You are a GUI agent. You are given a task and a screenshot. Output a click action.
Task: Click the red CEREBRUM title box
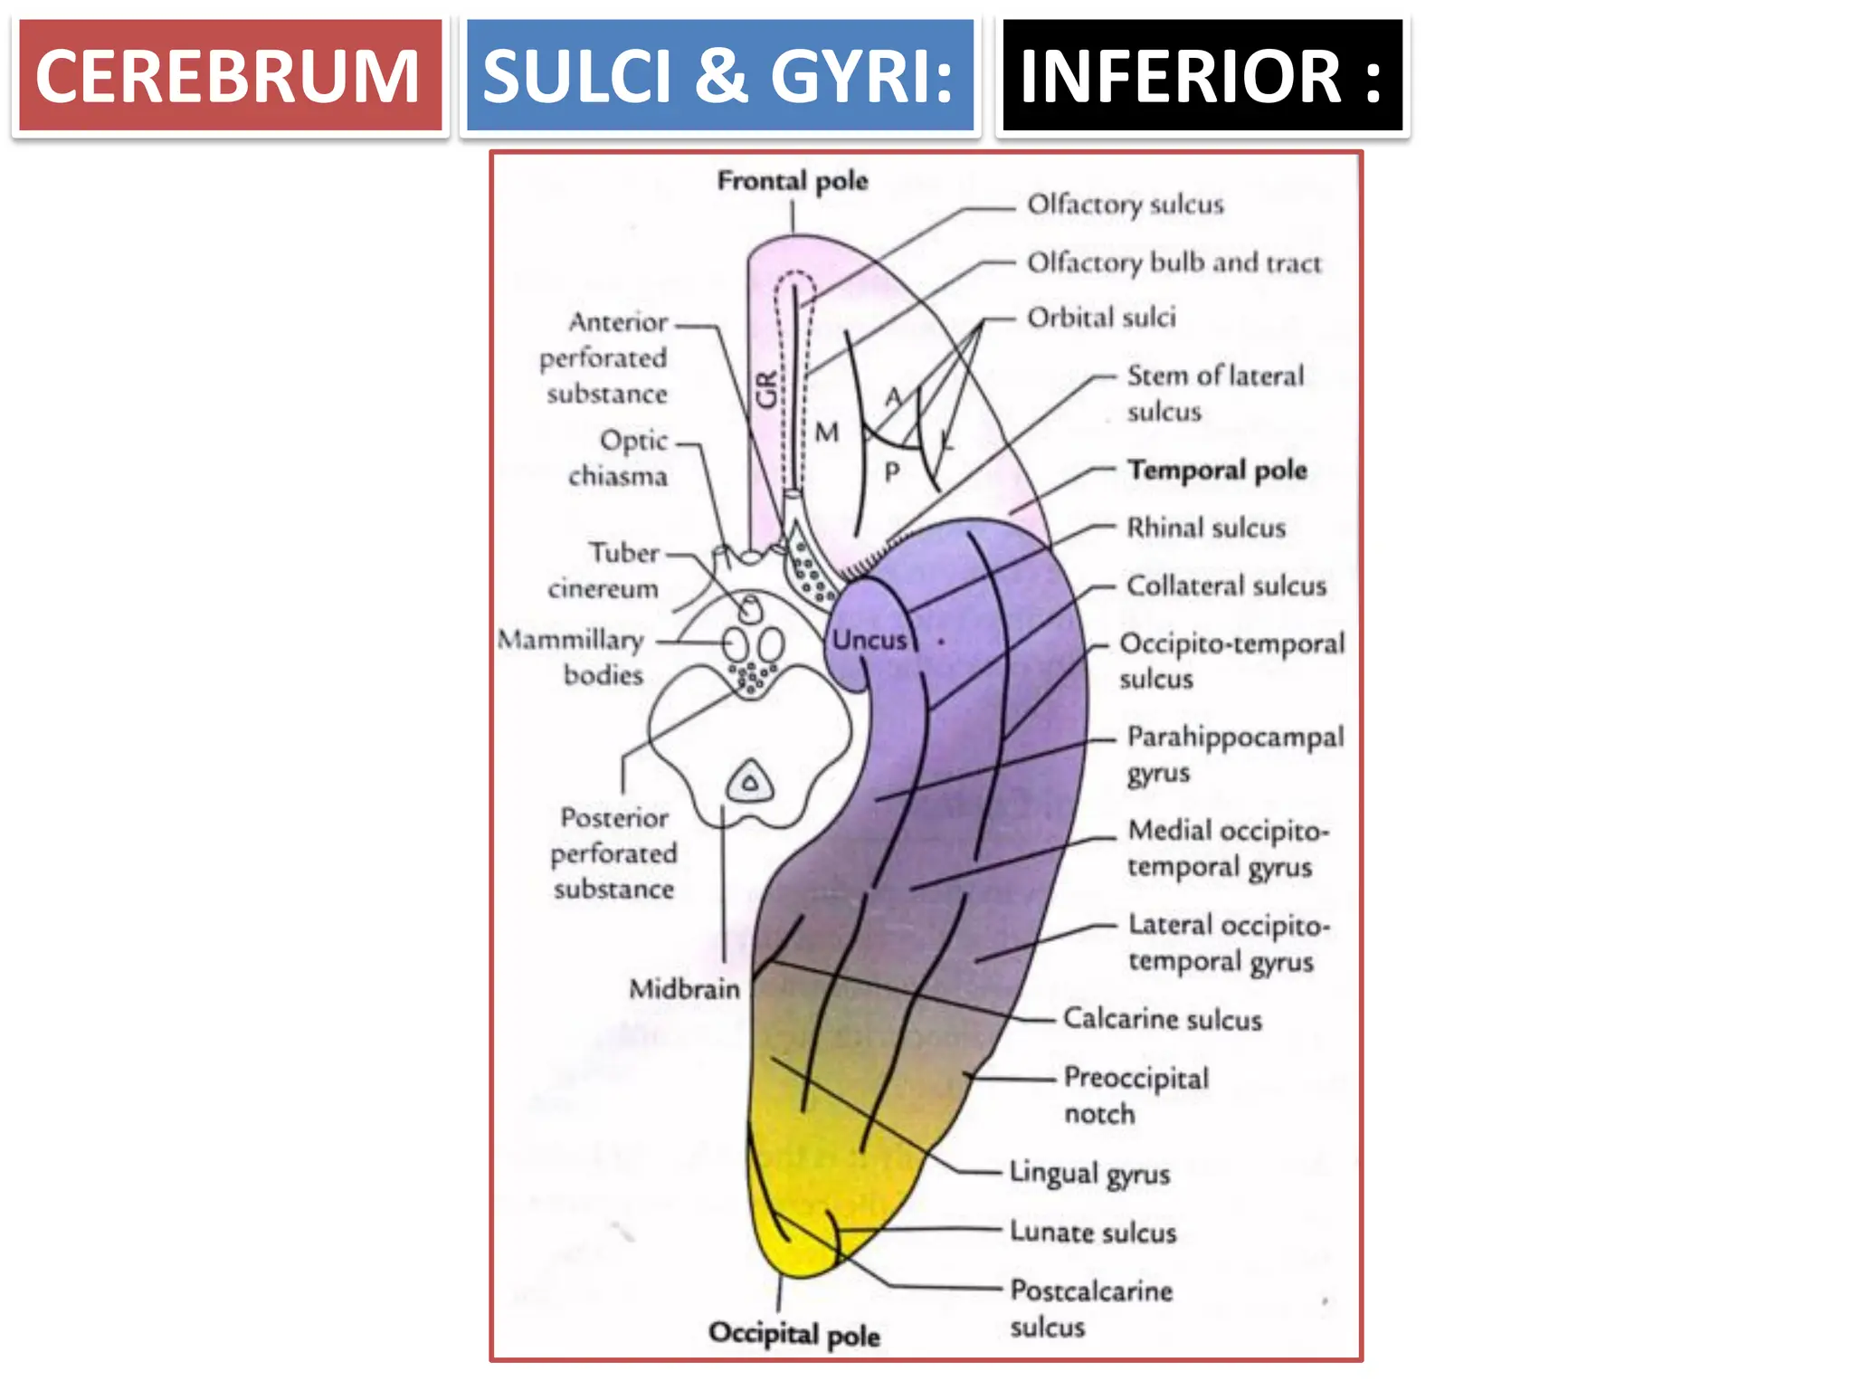[x=230, y=77]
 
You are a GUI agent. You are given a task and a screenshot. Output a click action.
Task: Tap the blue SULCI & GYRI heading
[x=719, y=77]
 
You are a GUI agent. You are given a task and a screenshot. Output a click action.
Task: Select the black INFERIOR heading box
[x=1202, y=77]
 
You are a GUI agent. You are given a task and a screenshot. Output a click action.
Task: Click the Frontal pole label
[x=792, y=181]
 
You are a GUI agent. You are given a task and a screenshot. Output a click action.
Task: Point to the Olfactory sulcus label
[x=1125, y=205]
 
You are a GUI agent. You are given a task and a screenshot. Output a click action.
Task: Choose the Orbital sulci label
[x=1101, y=318]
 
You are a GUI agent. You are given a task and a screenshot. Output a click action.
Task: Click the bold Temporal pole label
[x=1217, y=470]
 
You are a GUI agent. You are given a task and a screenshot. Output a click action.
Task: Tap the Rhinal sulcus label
[x=1205, y=528]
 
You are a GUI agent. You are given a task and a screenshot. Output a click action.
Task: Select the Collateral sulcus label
[x=1226, y=586]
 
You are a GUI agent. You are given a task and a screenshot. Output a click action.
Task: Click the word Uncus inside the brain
[x=869, y=640]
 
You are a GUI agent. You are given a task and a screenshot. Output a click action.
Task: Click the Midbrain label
[x=684, y=988]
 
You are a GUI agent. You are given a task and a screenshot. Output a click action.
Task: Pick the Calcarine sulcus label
[x=1162, y=1019]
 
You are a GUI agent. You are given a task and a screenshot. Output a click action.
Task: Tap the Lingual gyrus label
[x=1089, y=1173]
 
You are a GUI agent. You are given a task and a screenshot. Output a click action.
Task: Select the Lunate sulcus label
[x=1093, y=1232]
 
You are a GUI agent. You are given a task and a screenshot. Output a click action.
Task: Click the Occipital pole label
[x=793, y=1334]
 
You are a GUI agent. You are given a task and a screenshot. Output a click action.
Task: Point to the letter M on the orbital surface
[x=826, y=433]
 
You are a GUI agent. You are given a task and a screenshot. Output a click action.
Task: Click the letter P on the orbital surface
[x=891, y=471]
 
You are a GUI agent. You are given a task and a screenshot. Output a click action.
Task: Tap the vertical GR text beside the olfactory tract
[x=766, y=389]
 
